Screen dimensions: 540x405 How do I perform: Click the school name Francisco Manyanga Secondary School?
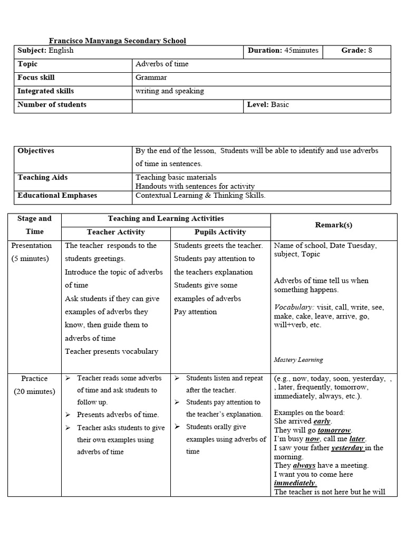click(x=117, y=41)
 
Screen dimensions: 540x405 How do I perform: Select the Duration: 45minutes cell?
click(x=283, y=51)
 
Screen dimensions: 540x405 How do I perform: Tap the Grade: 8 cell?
click(x=356, y=51)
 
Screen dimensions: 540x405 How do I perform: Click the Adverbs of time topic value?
click(x=162, y=64)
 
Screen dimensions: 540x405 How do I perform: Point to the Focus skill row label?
click(x=36, y=78)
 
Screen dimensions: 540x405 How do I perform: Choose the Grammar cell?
click(x=151, y=78)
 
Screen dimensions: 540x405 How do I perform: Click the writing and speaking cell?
click(x=169, y=91)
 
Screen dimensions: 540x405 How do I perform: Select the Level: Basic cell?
click(x=268, y=104)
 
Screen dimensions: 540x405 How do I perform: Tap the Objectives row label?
click(x=36, y=151)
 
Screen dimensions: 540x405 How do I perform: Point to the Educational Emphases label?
click(x=57, y=196)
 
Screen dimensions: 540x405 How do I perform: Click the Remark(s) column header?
click(x=333, y=225)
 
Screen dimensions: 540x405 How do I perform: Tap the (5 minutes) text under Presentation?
click(x=31, y=258)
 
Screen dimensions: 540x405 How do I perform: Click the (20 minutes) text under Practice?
click(x=34, y=391)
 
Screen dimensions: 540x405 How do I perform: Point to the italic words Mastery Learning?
click(x=298, y=360)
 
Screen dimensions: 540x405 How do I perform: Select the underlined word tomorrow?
click(x=334, y=430)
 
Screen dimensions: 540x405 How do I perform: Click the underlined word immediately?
click(x=295, y=483)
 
